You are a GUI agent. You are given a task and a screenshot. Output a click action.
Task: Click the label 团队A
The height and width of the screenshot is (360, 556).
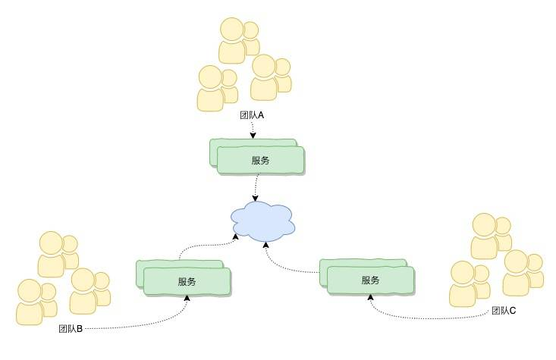251,116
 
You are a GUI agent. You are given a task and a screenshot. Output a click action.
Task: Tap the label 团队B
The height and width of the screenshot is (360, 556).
71,329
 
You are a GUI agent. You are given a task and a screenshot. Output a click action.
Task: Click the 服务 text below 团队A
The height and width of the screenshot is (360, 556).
261,160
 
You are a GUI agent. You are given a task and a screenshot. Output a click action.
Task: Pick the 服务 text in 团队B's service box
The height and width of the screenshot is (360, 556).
187,281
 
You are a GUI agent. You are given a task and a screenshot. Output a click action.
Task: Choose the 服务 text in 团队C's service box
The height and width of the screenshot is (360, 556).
370,280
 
